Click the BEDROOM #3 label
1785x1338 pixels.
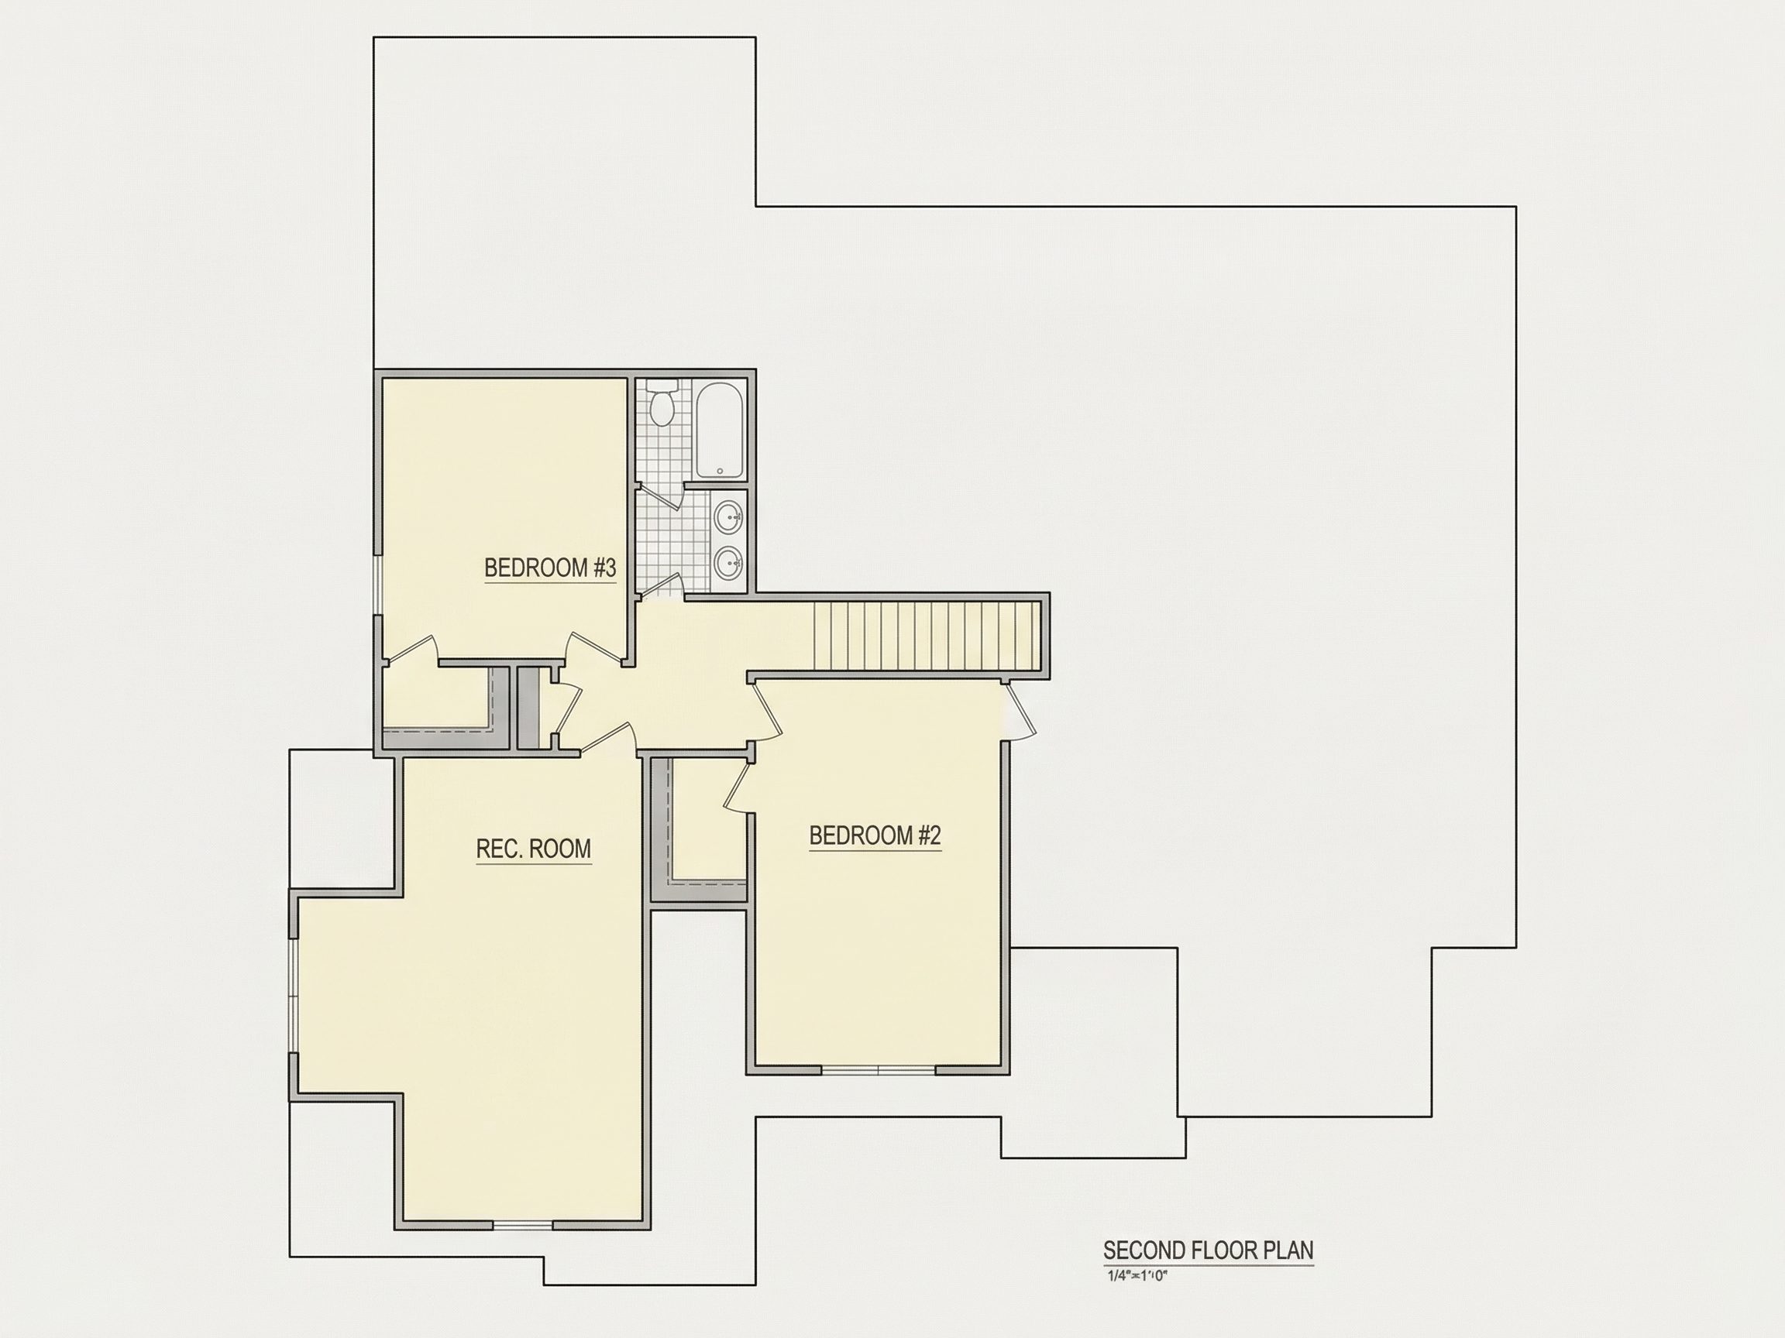549,568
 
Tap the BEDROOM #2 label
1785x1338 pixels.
875,835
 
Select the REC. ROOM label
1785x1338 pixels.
533,849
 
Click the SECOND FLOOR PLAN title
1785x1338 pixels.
1208,1250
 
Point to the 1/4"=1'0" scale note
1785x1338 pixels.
1138,1276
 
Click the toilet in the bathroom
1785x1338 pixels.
662,406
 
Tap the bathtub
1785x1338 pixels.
720,430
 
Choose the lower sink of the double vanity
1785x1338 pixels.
730,562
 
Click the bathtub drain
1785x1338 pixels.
720,471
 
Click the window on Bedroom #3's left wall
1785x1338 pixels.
377,585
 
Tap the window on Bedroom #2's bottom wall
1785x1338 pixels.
878,1070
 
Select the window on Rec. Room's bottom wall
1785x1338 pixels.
522,1225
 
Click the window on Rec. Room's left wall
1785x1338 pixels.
294,995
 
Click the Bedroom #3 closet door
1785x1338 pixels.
411,649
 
